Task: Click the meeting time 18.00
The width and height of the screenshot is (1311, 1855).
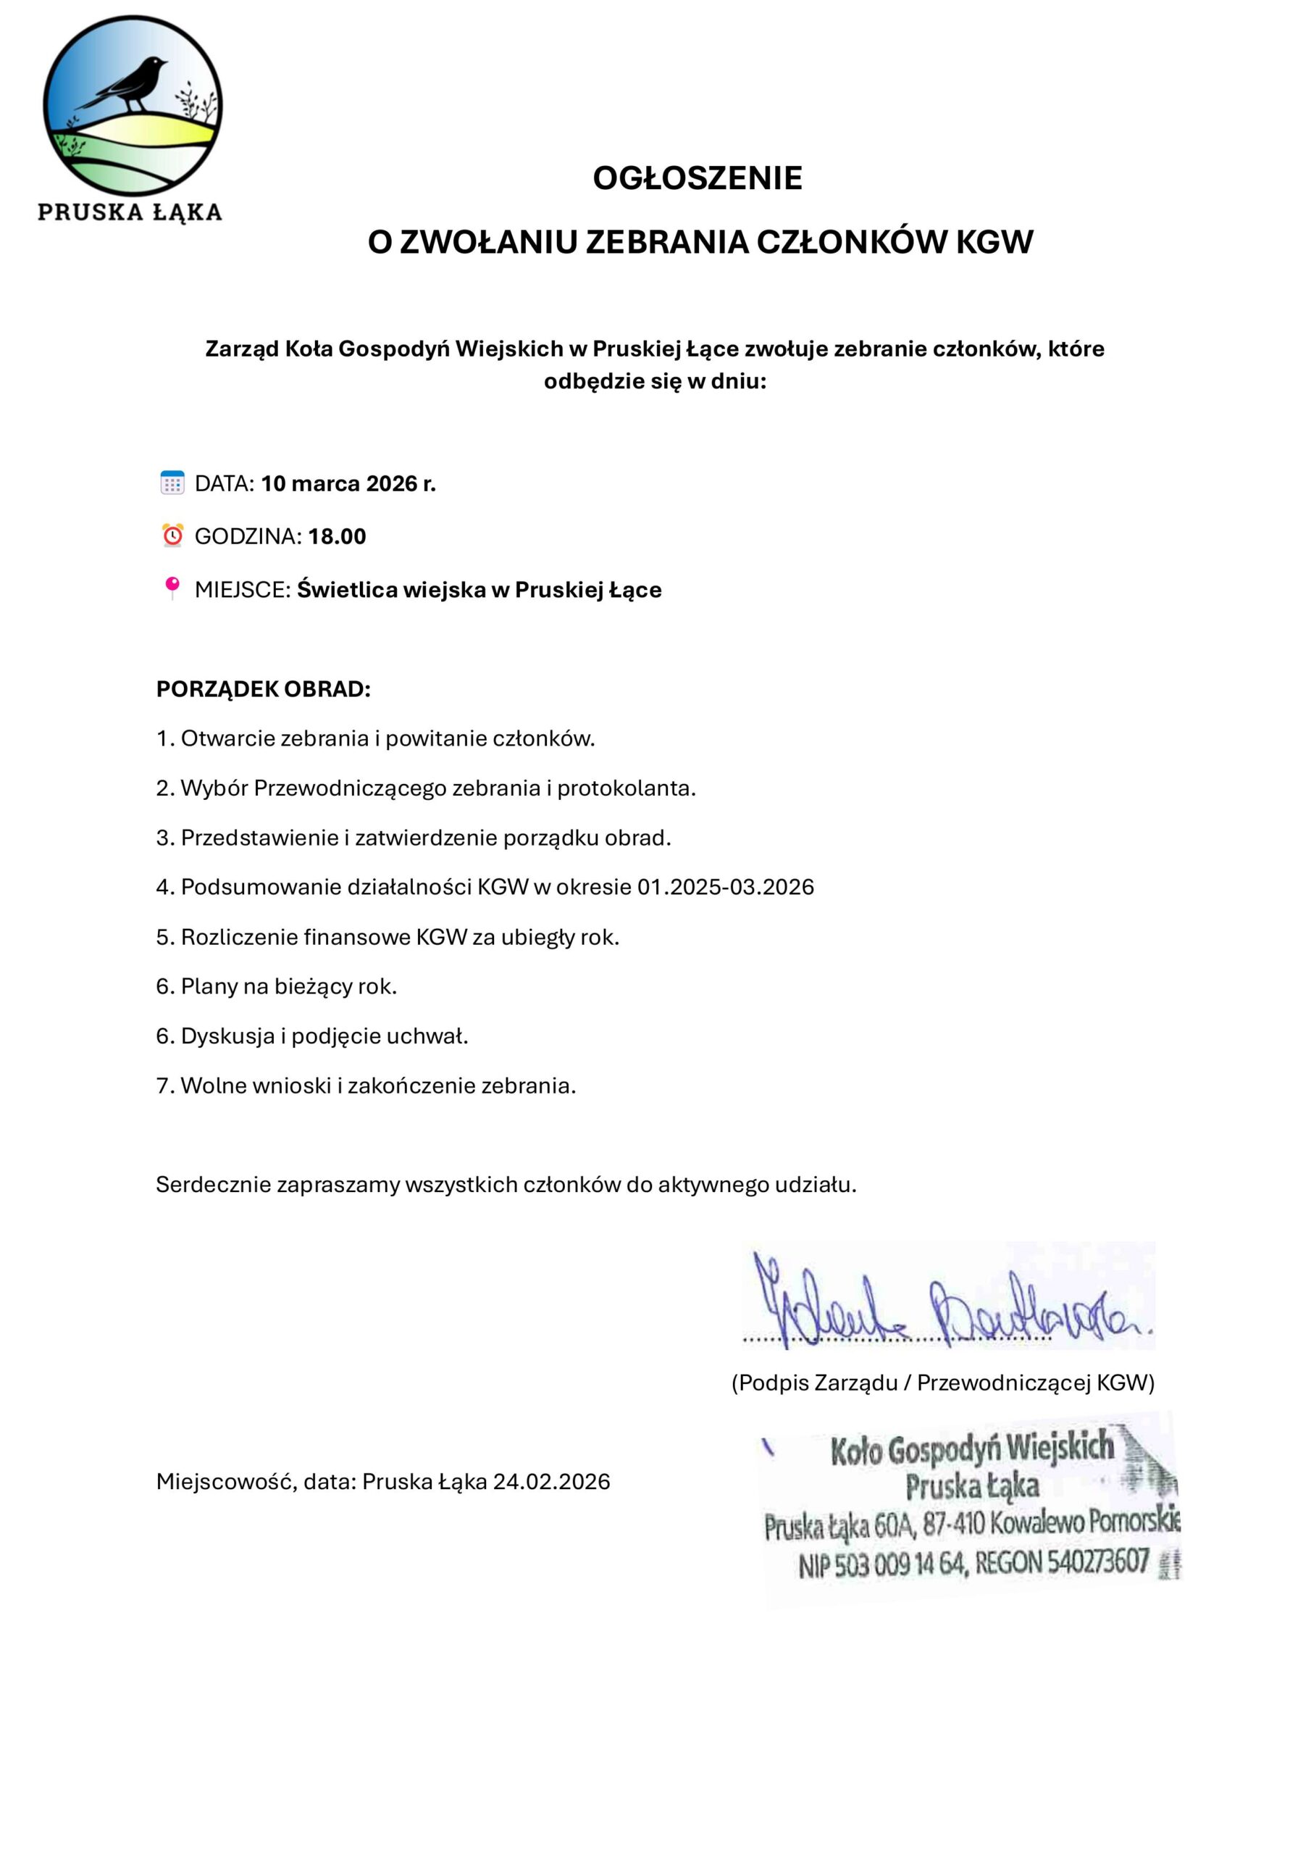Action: pyautogui.click(x=337, y=536)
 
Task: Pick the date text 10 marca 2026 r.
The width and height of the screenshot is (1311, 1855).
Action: pyautogui.click(x=348, y=483)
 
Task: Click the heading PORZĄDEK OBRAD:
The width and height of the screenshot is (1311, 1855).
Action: pyautogui.click(x=264, y=689)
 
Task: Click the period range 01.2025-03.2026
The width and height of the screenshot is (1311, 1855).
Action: pyautogui.click(x=725, y=887)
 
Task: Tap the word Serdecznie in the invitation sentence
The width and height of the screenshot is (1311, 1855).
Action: pyautogui.click(x=212, y=1185)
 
